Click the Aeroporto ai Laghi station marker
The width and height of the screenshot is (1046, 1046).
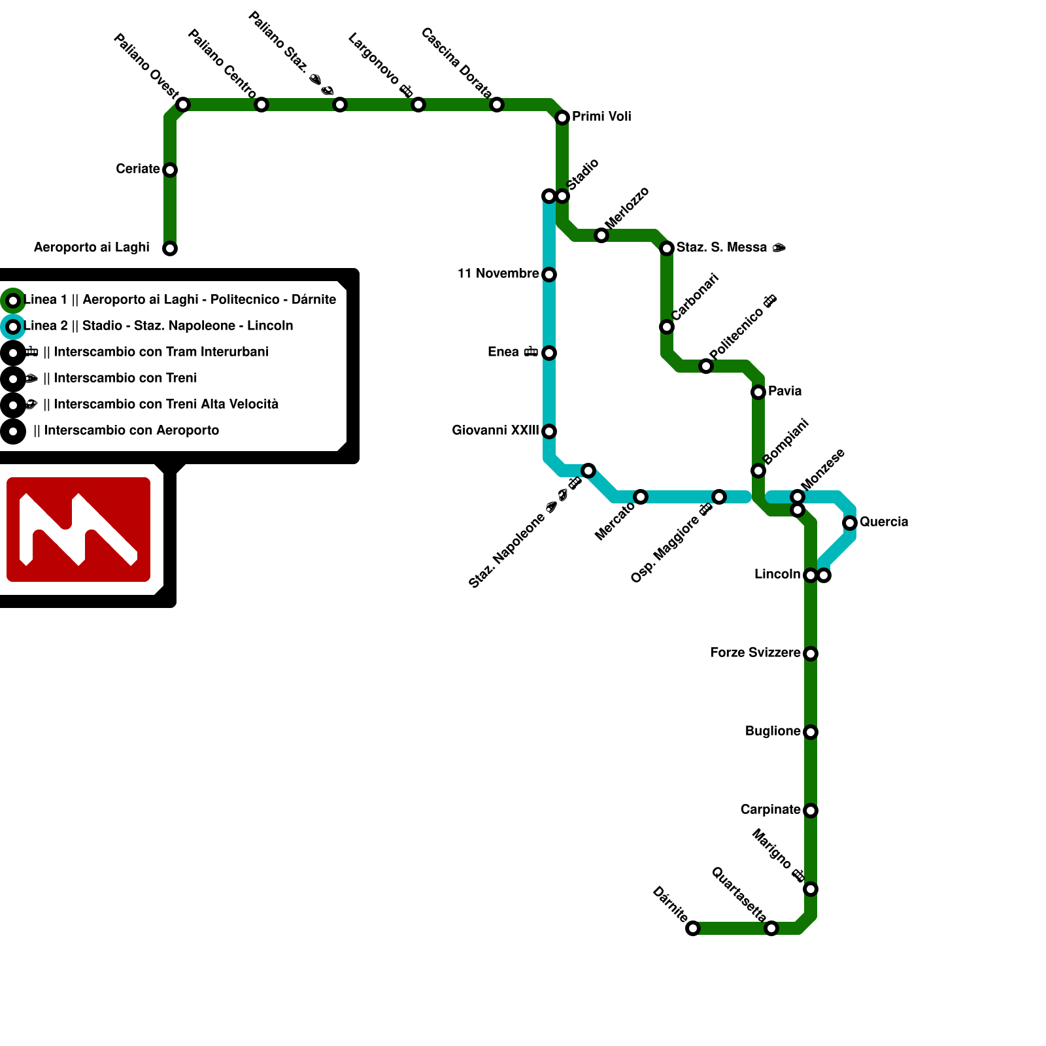[170, 248]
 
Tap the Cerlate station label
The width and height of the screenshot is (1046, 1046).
[137, 169]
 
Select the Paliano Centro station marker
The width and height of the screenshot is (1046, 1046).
[261, 105]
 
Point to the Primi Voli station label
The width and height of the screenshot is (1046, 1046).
[601, 117]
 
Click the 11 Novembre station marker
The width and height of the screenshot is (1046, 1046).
[549, 275]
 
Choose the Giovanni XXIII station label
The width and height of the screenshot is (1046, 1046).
[495, 431]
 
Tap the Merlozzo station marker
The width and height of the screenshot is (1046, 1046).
[601, 235]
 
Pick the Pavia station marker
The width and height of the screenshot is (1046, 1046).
[758, 392]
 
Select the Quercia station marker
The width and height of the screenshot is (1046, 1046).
[850, 523]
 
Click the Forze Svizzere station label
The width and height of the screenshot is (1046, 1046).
[755, 653]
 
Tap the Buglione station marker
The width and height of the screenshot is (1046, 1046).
[811, 732]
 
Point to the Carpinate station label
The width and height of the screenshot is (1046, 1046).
[770, 810]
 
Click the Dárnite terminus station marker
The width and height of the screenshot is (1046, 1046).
[693, 928]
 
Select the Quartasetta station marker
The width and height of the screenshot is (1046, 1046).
[771, 928]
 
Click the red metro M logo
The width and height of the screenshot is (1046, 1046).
[78, 530]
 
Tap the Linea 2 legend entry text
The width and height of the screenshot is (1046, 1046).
[158, 326]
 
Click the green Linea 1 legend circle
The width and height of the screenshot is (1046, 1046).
[13, 301]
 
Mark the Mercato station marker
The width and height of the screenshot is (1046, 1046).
[641, 497]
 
